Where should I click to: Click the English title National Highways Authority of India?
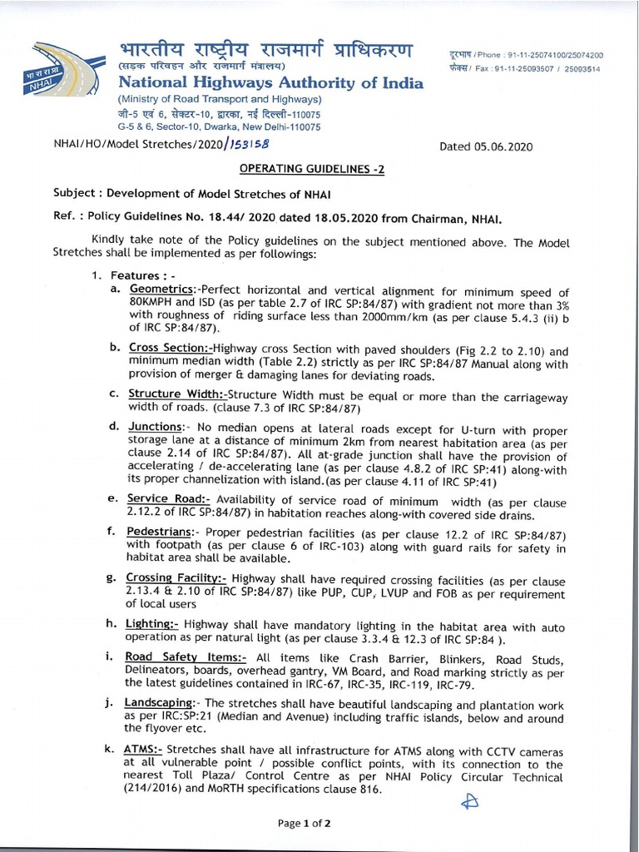[x=270, y=82]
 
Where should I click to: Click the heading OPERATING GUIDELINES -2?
[x=312, y=168]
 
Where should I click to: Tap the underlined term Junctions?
[x=156, y=426]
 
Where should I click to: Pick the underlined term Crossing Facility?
[x=176, y=577]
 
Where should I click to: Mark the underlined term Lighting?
[x=151, y=623]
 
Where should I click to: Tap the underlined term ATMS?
[x=143, y=749]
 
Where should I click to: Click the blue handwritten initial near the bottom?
[x=471, y=800]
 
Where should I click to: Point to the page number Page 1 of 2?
[x=305, y=824]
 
